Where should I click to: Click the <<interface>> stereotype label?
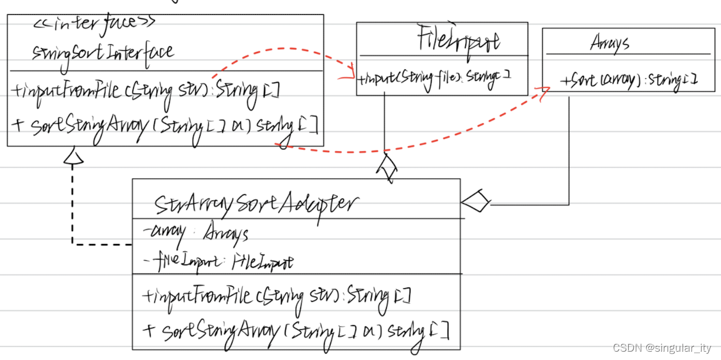(94, 24)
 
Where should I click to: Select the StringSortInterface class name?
(102, 51)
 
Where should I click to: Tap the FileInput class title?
(458, 40)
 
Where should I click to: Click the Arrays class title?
(610, 44)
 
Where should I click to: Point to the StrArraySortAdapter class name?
(256, 204)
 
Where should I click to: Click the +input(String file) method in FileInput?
(433, 79)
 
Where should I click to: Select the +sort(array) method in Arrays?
(628, 81)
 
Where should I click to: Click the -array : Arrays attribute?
(196, 234)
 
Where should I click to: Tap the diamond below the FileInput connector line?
(387, 168)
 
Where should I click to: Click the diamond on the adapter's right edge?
(475, 202)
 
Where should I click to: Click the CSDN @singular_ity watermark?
(662, 348)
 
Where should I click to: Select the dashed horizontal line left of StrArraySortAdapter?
(102, 244)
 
